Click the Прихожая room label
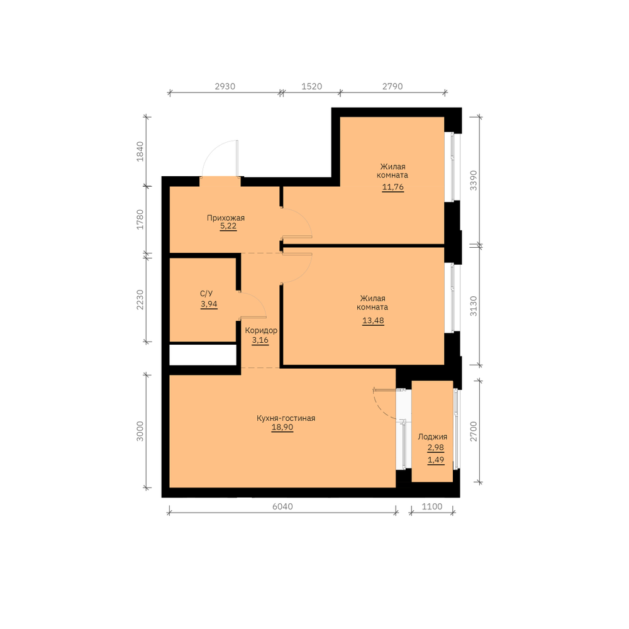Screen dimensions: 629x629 click(x=225, y=218)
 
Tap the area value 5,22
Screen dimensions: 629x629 click(x=228, y=226)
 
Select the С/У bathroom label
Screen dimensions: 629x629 click(x=206, y=294)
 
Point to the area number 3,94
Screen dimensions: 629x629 click(x=209, y=304)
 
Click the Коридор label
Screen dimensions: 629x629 click(x=261, y=331)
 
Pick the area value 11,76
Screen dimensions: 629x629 click(x=392, y=187)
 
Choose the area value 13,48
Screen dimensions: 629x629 click(x=373, y=321)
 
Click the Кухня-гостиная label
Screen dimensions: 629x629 click(x=286, y=418)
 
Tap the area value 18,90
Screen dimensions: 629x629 click(x=282, y=427)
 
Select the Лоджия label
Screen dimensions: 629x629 click(x=433, y=437)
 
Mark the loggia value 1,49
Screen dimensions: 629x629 click(x=436, y=460)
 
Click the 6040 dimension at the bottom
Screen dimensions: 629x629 click(x=282, y=506)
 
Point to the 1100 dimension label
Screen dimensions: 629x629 click(x=432, y=506)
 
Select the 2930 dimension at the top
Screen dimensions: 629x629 click(x=225, y=86)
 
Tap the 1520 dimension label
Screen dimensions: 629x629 click(x=312, y=86)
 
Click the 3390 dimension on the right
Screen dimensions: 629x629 click(x=474, y=181)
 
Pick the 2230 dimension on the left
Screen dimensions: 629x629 click(x=140, y=299)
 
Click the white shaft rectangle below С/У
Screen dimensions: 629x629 click(x=203, y=355)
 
